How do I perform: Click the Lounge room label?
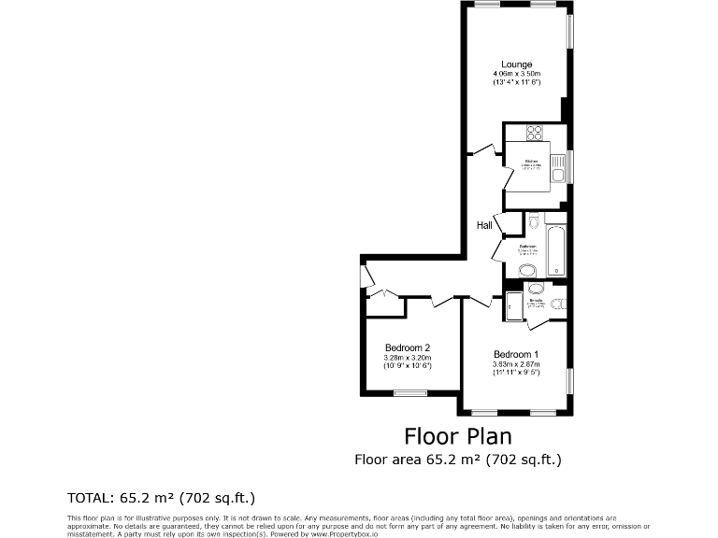[x=516, y=64]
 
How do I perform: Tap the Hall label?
[x=484, y=225]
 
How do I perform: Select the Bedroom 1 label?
[x=516, y=354]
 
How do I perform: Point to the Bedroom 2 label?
[x=407, y=347]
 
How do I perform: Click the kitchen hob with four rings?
[x=536, y=133]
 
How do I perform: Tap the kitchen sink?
[x=557, y=171]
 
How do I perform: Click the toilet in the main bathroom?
[x=533, y=220]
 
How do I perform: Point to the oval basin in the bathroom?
[x=528, y=271]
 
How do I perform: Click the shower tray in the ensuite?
[x=513, y=305]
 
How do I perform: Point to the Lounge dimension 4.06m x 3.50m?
[x=517, y=74]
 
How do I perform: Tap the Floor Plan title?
[x=457, y=435]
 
